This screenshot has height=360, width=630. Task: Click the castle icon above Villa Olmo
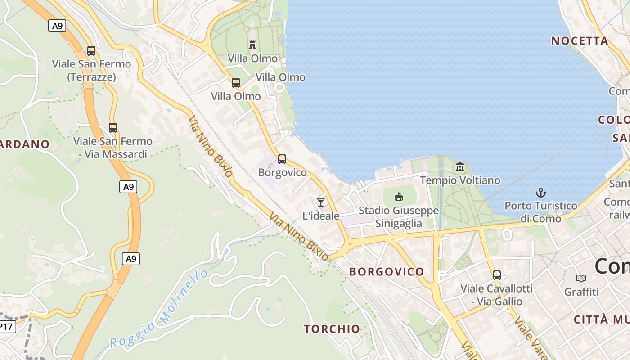pos(252,45)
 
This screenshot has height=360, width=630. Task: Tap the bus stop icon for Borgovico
pos(282,159)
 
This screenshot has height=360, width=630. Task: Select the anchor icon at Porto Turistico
pos(540,193)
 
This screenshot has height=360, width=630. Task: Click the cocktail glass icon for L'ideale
pos(321,202)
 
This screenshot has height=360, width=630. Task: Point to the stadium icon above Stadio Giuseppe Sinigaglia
pos(399,197)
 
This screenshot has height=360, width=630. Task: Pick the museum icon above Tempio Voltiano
pos(460,167)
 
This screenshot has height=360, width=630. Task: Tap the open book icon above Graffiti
pos(581,279)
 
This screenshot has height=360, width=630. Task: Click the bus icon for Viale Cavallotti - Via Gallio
pos(497,275)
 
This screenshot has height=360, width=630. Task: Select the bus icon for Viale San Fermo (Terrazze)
pos(91,50)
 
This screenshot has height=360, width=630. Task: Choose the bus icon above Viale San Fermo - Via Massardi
pos(113,127)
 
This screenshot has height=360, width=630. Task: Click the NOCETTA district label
pos(580,41)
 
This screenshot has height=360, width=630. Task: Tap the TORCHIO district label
pos(332,329)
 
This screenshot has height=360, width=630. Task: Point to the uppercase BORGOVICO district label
pos(387,271)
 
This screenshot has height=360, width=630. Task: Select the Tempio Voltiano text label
pos(460,180)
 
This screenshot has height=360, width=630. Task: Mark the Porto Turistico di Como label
pos(541,212)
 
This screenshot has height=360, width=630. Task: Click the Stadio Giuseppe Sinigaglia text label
pos(399,217)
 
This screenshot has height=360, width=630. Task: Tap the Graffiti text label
pos(581,292)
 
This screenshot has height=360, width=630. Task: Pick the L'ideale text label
pos(321,216)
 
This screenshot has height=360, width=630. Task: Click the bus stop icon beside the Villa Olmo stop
pos(236,82)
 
